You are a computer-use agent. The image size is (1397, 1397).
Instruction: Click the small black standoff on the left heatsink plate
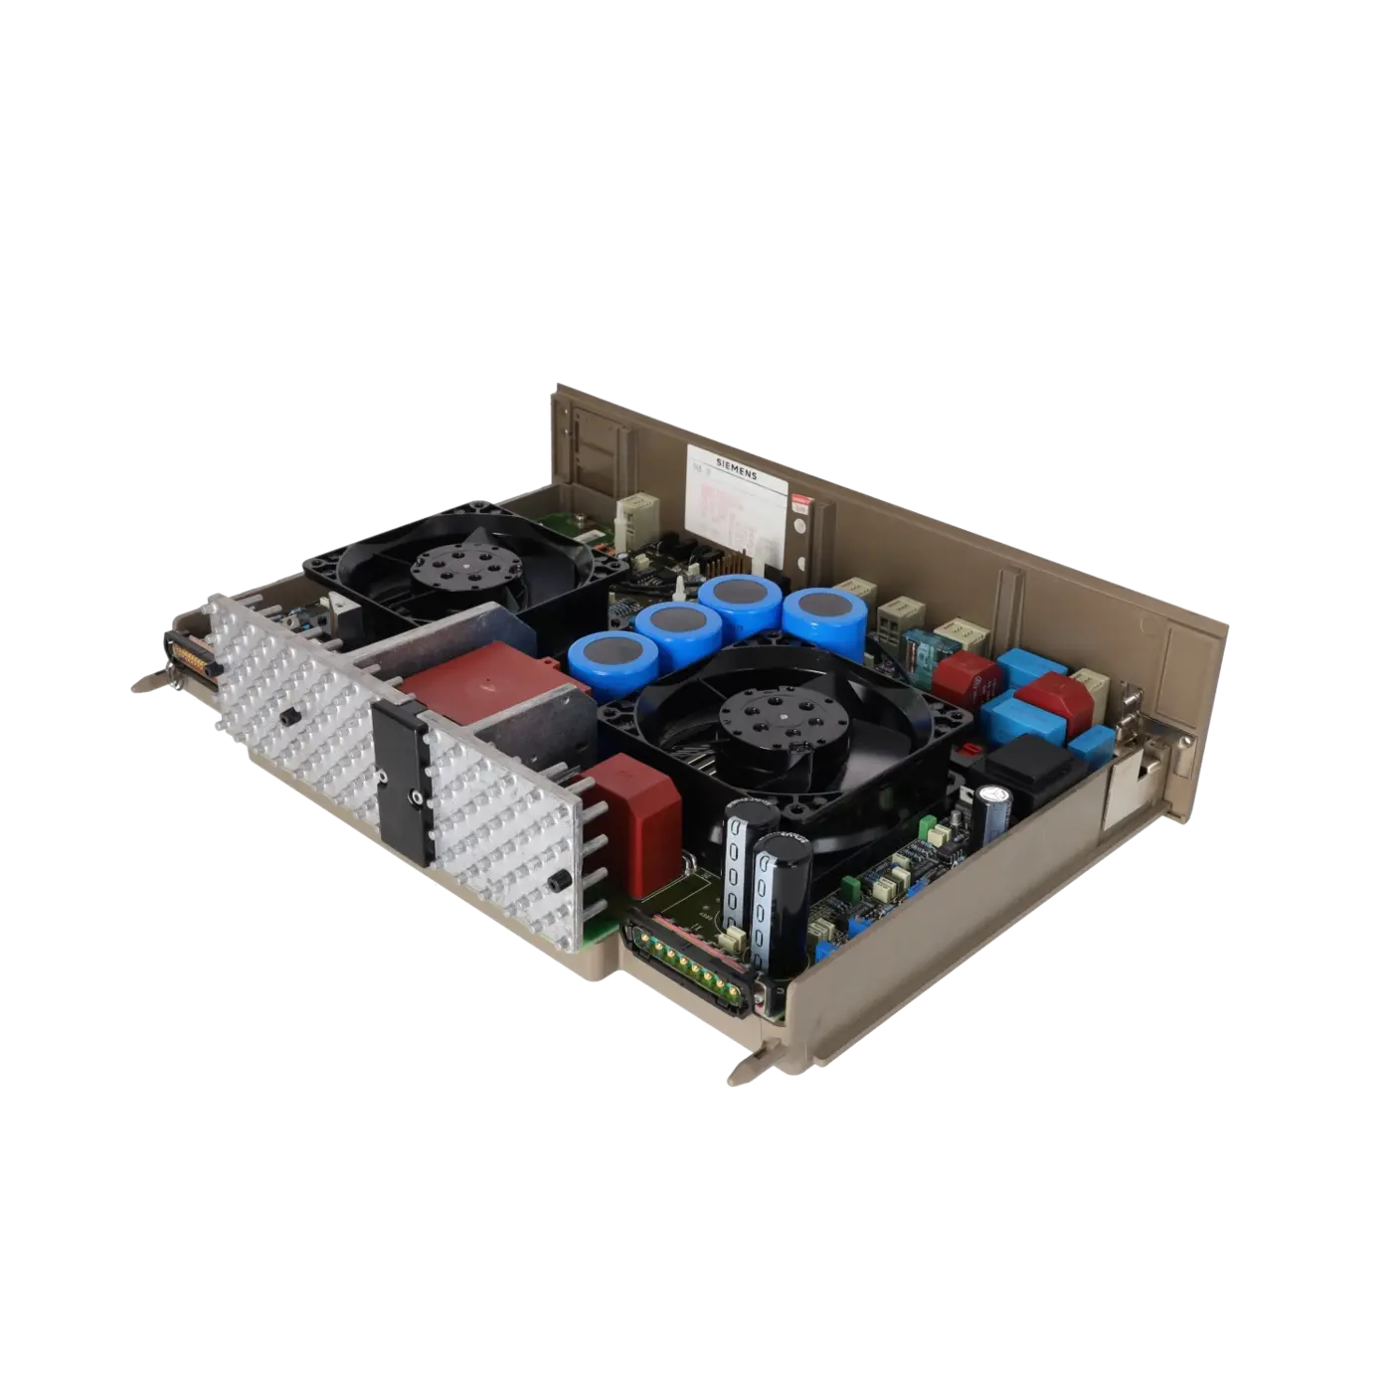click(289, 717)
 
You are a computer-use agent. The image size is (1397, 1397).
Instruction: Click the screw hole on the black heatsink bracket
click(413, 795)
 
